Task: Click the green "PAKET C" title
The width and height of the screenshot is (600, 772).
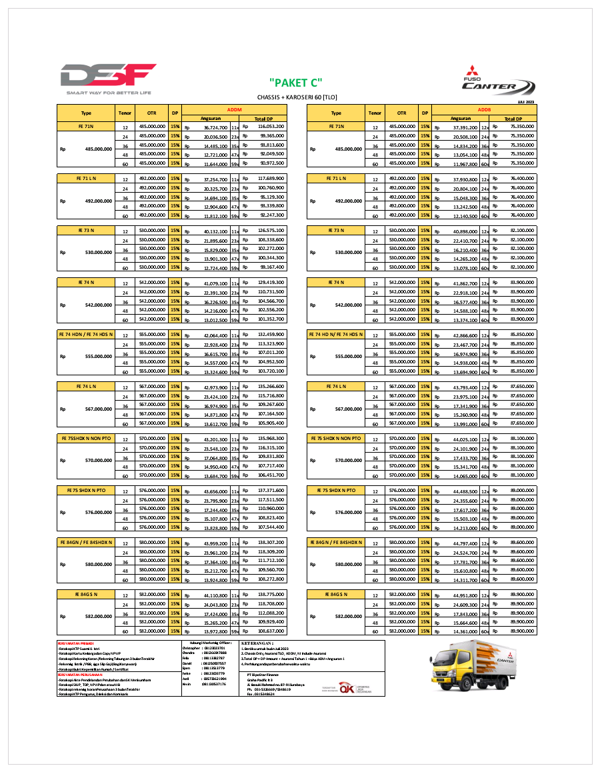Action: pos(295,83)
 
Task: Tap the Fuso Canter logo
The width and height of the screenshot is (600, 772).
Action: pos(499,82)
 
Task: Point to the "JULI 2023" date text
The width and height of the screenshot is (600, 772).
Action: pos(526,101)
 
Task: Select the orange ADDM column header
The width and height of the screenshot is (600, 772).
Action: pos(234,108)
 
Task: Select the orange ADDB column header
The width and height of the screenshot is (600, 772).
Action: pos(485,108)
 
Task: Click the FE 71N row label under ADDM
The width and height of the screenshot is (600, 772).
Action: pos(87,126)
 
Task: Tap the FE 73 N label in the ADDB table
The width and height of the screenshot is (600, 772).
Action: pos(337,231)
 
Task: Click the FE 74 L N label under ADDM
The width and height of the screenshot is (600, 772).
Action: pos(87,387)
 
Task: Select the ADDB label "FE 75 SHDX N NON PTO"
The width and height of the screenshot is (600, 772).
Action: pos(337,439)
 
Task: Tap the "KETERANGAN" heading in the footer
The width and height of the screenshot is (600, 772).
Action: pos(260,642)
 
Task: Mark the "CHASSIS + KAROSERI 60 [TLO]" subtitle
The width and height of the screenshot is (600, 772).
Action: pos(295,97)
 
